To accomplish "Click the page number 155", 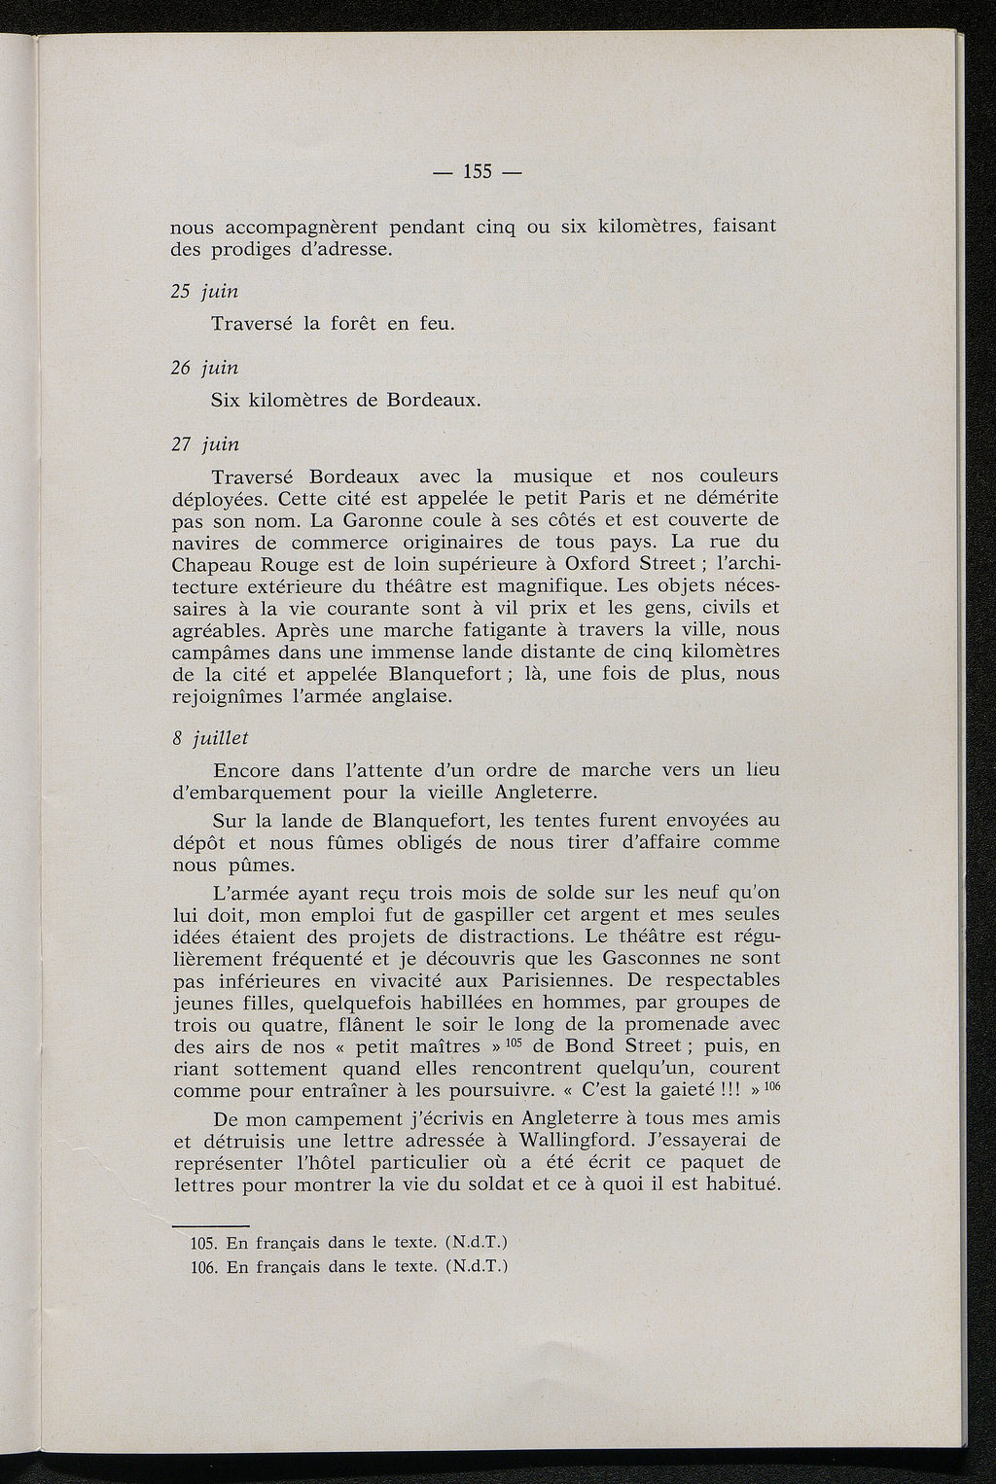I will click(x=478, y=172).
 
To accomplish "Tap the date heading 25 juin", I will click(x=204, y=291).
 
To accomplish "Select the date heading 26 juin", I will click(x=204, y=367).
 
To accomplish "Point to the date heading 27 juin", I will click(x=204, y=443).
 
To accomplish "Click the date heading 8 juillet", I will click(x=210, y=738).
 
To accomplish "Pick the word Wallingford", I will click(x=582, y=1139).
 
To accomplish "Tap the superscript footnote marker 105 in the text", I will click(x=516, y=1042).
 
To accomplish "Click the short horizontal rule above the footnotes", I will click(x=210, y=1223).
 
